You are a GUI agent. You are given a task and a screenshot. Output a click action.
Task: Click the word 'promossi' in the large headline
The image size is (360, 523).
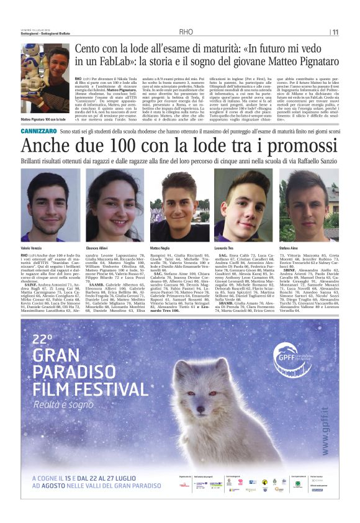coord(287,147)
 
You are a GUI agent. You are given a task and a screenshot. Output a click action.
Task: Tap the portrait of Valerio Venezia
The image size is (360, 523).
coord(44,196)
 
